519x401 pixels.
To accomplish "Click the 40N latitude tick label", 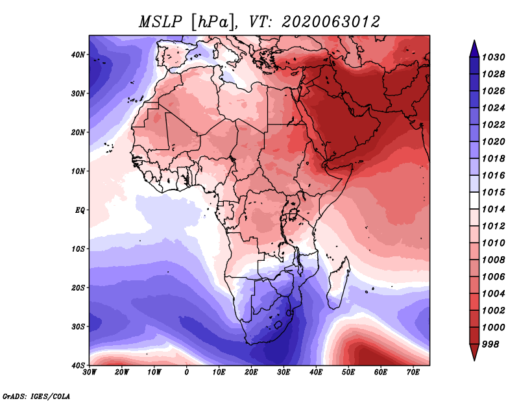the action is pos(78,55).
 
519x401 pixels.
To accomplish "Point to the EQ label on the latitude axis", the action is pos(80,210).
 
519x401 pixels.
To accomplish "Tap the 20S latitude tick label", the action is pos(78,287).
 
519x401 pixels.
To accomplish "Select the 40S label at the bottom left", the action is pos(78,365).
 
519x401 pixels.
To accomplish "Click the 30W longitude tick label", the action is pos(90,372).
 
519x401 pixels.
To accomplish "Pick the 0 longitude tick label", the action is pos(187,372).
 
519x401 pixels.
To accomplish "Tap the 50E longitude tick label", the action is pos(348,372).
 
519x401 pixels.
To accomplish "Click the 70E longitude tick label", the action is pos(413,372).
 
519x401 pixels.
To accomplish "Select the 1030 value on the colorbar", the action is pos(493,57).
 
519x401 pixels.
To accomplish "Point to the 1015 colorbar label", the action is pos(493,192).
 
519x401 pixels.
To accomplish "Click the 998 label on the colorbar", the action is pos(490,345).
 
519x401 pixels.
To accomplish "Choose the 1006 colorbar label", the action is pos(493,277).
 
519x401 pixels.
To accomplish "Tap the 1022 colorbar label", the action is pos(493,125).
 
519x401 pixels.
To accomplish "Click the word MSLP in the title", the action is pos(160,22).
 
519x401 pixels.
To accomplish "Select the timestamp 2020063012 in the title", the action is pos(331,22).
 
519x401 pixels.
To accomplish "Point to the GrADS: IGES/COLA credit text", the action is pos(36,396).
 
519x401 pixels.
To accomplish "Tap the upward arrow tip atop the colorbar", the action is pos(474,40).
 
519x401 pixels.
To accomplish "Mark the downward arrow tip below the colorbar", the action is pos(474,360).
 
